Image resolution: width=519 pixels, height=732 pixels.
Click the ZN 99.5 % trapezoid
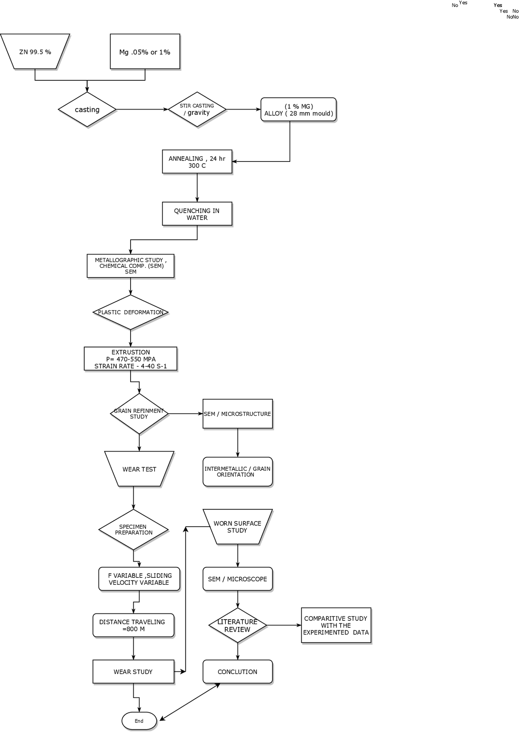(35, 52)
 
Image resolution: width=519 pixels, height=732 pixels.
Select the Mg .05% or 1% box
(145, 52)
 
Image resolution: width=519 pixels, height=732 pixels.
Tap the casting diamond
(87, 110)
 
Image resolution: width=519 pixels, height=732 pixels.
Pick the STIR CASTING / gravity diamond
(197, 109)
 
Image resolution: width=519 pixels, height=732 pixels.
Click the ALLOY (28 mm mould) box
(298, 110)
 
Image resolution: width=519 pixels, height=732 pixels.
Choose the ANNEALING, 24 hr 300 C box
(197, 162)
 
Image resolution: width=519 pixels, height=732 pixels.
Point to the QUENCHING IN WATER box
(197, 214)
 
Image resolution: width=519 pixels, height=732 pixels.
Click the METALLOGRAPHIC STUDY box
(131, 266)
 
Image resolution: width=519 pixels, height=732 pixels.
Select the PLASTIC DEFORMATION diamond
(131, 312)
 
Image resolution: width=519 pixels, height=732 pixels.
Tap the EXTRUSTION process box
(131, 359)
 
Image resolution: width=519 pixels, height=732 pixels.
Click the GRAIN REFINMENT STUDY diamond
(139, 413)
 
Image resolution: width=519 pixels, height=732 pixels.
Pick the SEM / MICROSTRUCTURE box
(238, 413)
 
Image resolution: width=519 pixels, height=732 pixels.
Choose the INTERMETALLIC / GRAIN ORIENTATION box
(238, 471)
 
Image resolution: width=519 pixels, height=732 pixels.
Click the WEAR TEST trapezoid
(139, 469)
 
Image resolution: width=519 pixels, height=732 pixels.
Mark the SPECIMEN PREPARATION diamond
(133, 530)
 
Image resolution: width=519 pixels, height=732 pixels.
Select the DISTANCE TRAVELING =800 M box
(133, 625)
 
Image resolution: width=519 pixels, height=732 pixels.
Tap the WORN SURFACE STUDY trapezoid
(238, 527)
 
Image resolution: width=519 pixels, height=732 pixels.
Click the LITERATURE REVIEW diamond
(238, 625)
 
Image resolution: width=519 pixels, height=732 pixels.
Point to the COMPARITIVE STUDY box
(336, 625)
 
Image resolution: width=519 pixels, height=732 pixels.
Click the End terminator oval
(139, 721)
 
